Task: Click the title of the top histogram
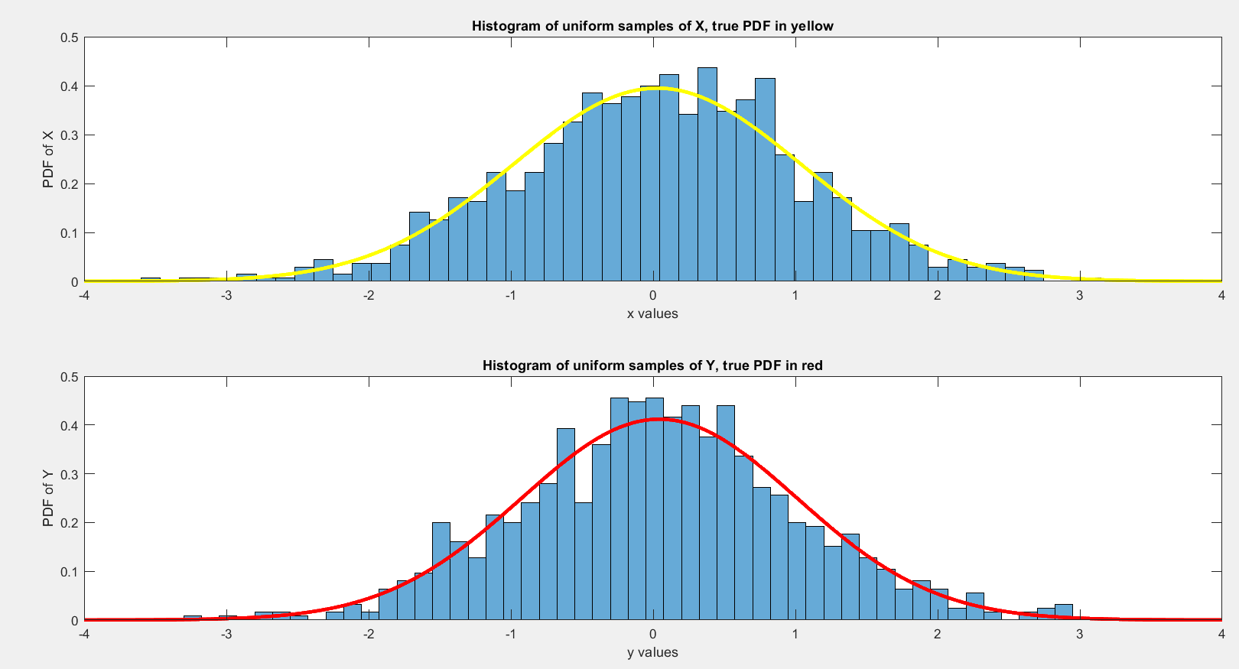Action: (652, 26)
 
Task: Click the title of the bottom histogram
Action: (652, 365)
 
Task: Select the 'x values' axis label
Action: (652, 313)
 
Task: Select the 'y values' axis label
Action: (652, 652)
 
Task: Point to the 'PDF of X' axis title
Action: (48, 159)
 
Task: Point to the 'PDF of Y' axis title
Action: (48, 499)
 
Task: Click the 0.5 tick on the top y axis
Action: (69, 37)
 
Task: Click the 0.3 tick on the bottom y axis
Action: (69, 474)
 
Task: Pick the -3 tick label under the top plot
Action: (226, 295)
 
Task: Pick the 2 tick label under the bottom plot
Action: (937, 634)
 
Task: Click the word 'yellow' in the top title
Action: (812, 26)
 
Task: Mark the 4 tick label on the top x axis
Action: (1221, 295)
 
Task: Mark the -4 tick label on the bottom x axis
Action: (83, 634)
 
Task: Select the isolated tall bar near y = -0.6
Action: (566, 524)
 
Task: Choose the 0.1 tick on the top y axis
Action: (69, 233)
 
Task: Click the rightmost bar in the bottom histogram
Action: (1064, 612)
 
